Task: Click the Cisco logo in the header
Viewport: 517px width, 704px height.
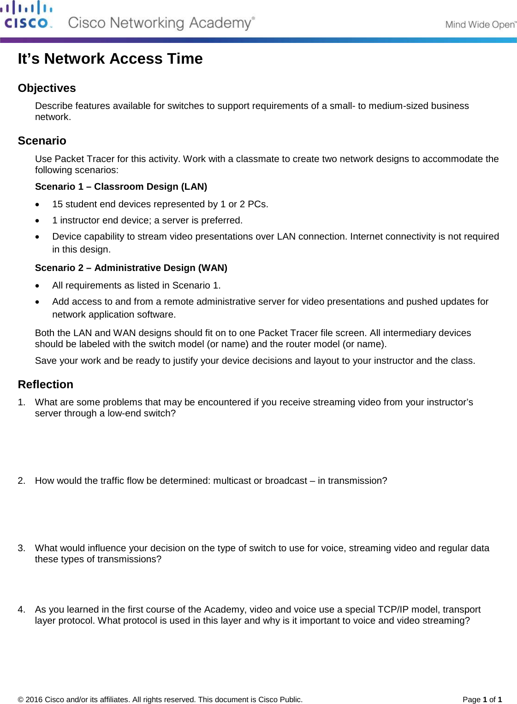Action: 27,15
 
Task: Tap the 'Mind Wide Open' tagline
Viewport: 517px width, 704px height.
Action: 480,25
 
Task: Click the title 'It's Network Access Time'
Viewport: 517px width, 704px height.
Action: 110,59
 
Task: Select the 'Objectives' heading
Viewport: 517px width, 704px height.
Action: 47,88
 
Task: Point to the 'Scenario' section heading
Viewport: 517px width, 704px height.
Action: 42,141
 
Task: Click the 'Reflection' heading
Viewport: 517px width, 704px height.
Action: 45,385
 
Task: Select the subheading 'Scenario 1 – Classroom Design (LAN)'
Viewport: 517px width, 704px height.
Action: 121,187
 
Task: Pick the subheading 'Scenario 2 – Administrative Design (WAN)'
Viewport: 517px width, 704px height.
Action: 131,268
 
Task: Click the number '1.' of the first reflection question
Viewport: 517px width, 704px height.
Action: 21,403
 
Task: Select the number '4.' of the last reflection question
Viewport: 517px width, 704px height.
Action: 21,610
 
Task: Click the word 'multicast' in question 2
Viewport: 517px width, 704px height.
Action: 232,481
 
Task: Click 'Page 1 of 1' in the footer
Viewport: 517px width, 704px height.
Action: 482,699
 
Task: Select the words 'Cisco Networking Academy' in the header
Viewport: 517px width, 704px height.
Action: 160,23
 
